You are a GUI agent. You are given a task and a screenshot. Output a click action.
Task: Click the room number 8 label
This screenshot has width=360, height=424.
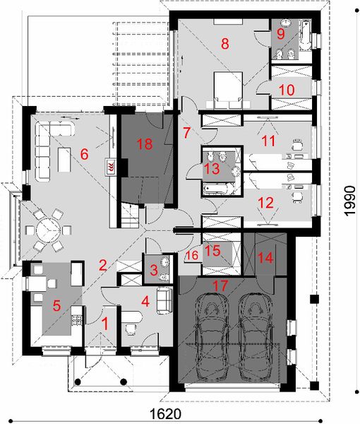(x=224, y=44)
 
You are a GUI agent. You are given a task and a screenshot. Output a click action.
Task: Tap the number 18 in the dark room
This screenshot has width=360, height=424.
(x=145, y=144)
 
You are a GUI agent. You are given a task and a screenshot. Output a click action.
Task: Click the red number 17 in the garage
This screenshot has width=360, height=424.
(x=220, y=287)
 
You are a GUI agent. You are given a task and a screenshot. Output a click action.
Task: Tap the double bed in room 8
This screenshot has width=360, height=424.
(x=227, y=90)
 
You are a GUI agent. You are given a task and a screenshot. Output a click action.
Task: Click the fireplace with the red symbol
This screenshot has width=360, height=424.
(x=111, y=167)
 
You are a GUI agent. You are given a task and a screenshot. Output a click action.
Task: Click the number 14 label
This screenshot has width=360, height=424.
(x=265, y=259)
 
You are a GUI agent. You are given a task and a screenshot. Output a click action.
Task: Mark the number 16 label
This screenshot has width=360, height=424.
(x=191, y=257)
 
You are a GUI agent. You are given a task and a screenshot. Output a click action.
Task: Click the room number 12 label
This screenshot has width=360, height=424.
(x=265, y=202)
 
